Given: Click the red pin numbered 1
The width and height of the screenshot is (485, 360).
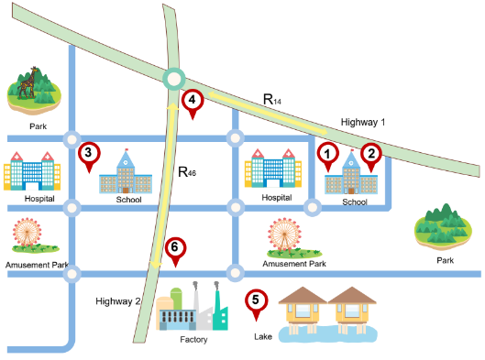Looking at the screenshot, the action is coord(328,156).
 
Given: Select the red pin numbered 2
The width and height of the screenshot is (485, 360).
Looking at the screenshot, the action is coord(371,157).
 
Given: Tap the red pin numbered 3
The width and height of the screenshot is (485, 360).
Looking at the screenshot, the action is coord(89,157).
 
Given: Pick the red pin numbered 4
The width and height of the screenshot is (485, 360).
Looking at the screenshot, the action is coord(193,104).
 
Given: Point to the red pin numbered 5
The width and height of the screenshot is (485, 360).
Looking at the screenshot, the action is coord(256,304).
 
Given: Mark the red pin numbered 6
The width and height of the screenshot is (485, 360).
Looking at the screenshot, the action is coord(175,252).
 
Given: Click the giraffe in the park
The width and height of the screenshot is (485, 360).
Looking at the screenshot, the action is coord(27,82).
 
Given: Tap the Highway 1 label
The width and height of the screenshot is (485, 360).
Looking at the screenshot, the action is coord(363,123).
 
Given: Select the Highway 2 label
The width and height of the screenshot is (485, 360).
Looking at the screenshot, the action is coord(118,301).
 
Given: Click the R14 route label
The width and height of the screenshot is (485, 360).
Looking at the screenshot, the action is coord(272,99).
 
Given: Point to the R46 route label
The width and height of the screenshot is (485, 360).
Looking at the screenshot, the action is coord(187,172).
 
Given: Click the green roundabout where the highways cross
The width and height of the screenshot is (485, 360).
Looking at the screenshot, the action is coord(174,79).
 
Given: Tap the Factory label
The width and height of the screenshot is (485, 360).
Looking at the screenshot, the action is coord(193,340).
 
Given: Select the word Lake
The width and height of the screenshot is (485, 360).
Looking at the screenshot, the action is coord(263,336).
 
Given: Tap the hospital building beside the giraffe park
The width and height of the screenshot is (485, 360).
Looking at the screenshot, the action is coord(32,171).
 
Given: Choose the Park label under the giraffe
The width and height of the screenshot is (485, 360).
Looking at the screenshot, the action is coord(38,126).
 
